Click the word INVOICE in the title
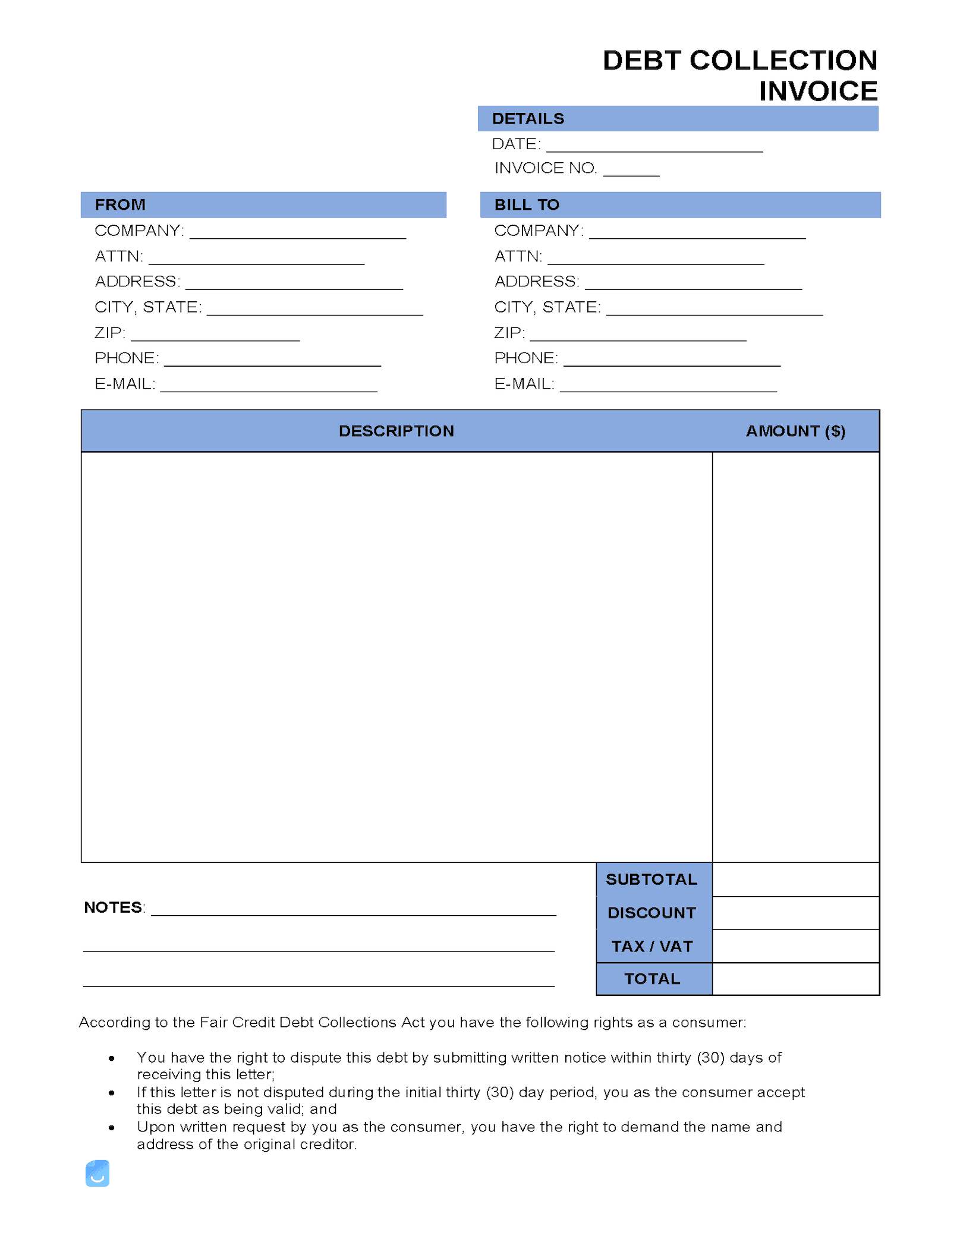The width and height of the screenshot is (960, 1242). (x=817, y=91)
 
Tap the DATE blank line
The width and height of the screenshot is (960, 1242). (x=654, y=147)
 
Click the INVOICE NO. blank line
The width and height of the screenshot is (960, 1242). (x=631, y=171)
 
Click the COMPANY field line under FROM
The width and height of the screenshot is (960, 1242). (x=297, y=234)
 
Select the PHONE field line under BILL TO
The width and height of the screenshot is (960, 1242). (x=671, y=361)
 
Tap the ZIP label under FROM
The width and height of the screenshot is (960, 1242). (x=110, y=333)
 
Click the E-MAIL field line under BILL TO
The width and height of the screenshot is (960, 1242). (x=668, y=387)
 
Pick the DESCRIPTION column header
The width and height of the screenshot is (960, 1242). (x=396, y=431)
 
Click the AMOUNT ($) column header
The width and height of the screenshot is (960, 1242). (x=795, y=431)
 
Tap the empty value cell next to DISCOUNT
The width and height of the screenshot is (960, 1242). (x=795, y=913)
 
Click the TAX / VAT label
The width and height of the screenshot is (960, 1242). (x=651, y=946)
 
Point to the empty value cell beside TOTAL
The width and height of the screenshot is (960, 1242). (x=795, y=979)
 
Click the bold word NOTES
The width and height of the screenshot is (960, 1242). (x=113, y=907)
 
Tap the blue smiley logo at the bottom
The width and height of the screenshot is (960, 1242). (x=97, y=1173)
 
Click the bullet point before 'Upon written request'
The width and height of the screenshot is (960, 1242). (x=112, y=1127)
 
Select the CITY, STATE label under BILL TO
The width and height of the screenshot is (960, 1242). (x=547, y=307)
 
